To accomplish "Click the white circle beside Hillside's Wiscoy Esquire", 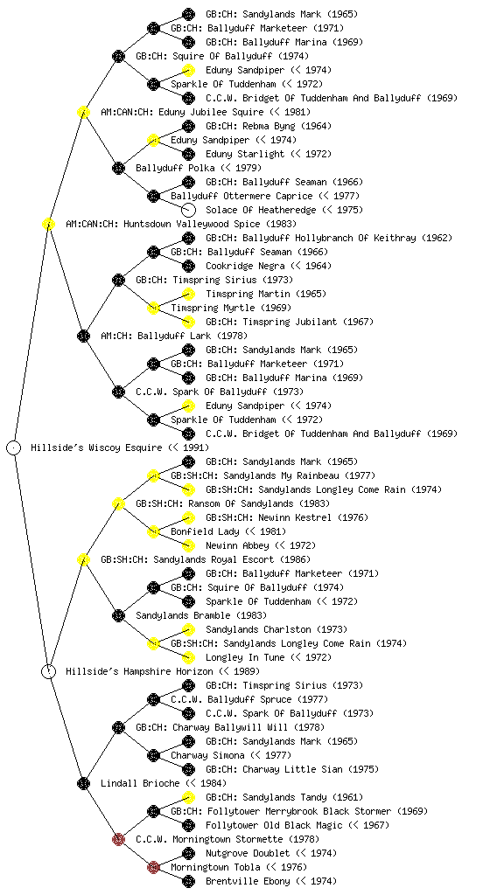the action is click(x=14, y=447).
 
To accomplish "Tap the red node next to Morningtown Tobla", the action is click(x=153, y=867).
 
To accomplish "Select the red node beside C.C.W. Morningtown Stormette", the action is click(x=118, y=839).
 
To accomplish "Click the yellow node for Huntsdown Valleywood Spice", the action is click(x=48, y=224).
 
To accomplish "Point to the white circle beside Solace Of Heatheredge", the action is click(x=188, y=210).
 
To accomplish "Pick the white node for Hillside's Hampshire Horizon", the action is click(x=48, y=671).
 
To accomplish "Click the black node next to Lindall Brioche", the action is click(x=83, y=783).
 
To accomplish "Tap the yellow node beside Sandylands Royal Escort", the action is click(x=83, y=559).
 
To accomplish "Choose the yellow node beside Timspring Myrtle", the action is click(x=153, y=308).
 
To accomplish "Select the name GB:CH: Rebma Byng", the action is click(x=250, y=126).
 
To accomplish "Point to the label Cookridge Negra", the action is click(x=245, y=266).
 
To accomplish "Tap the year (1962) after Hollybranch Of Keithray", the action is click(x=437, y=238).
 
